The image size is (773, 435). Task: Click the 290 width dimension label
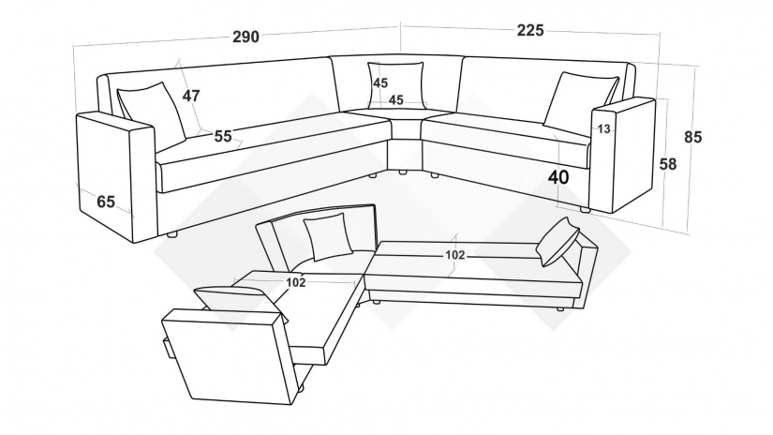(245, 37)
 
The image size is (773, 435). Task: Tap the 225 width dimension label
(530, 31)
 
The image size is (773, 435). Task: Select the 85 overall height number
(692, 137)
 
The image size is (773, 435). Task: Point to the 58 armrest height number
(668, 164)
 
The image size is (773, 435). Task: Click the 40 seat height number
(558, 177)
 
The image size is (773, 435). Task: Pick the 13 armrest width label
(604, 129)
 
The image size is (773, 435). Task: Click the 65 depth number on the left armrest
(106, 202)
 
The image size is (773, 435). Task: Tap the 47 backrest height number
(191, 96)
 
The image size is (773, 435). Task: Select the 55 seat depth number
(223, 136)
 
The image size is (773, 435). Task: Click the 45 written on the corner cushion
(380, 82)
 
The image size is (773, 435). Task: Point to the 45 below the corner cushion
(395, 100)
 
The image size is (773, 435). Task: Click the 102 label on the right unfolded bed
(455, 255)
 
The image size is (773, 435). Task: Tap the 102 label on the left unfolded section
(296, 282)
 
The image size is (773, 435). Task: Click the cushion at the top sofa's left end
(152, 112)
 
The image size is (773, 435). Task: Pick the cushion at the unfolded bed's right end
(558, 242)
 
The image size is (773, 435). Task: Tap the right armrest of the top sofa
(624, 156)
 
